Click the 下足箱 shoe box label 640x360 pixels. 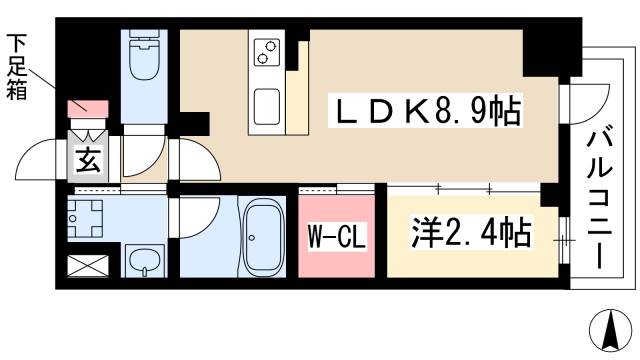(x=17, y=68)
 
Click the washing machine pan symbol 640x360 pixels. (x=88, y=217)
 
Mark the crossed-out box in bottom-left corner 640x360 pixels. (x=86, y=265)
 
